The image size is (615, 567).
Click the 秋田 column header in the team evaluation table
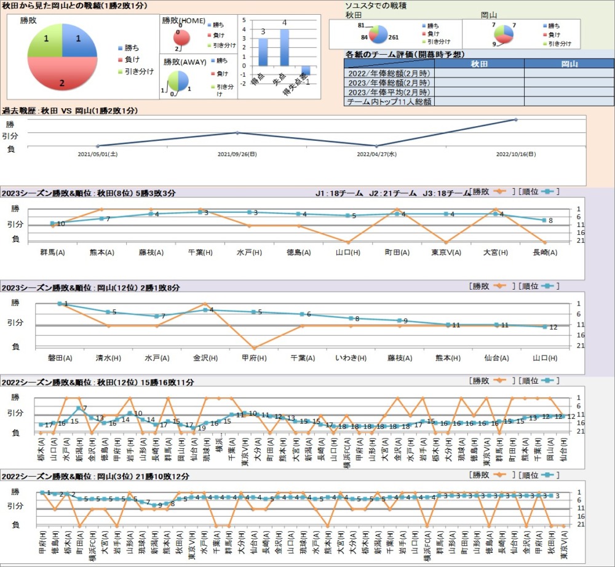click(479, 64)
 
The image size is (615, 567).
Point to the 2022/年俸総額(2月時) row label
click(389, 73)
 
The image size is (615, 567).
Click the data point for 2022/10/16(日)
click(515, 120)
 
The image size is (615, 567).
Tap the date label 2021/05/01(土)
click(98, 155)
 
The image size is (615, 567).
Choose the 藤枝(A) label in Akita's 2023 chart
click(151, 252)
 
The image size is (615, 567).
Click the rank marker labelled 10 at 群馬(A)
click(53, 223)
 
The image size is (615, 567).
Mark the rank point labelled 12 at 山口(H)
click(545, 327)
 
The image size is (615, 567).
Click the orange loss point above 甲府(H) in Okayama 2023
click(254, 348)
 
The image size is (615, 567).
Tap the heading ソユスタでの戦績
click(375, 6)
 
